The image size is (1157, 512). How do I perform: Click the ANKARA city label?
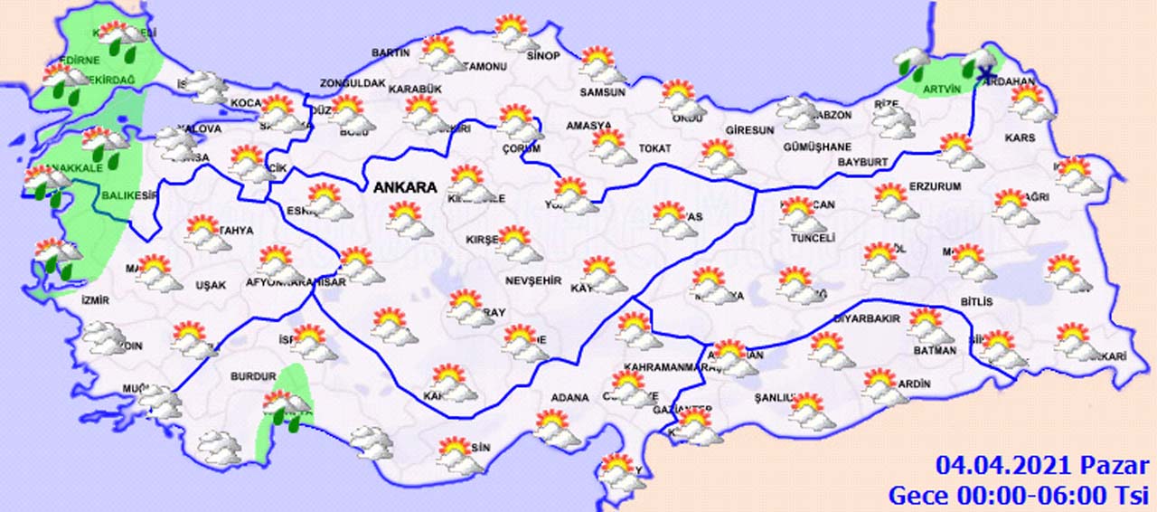click(406, 188)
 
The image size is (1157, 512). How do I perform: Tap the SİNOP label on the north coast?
click(543, 55)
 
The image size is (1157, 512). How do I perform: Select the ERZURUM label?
click(935, 186)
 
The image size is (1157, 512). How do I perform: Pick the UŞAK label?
click(211, 285)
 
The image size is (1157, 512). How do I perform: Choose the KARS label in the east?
click(1020, 138)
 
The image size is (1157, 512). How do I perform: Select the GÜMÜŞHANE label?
click(817, 147)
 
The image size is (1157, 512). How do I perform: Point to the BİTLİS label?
click(977, 301)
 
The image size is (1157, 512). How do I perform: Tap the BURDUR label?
click(253, 375)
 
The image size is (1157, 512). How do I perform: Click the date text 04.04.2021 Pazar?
click(1042, 467)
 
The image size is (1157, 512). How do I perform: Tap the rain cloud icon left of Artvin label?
click(911, 63)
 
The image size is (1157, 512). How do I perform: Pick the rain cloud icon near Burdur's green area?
click(286, 407)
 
